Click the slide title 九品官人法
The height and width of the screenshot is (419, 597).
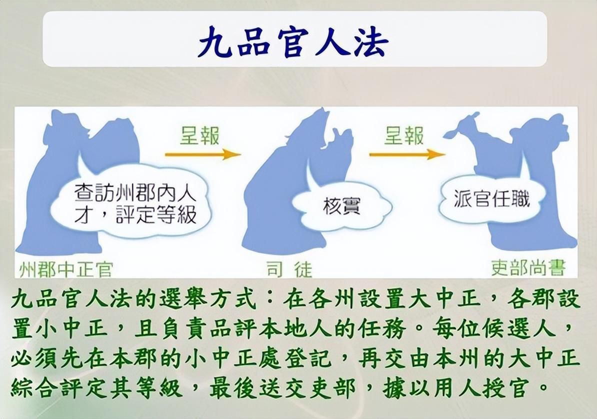(293, 41)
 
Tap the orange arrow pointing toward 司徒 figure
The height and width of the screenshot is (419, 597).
(203, 154)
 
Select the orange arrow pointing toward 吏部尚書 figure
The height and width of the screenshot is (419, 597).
(407, 154)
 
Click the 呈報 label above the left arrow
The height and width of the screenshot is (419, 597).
(200, 135)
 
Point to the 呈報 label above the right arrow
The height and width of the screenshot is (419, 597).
(404, 135)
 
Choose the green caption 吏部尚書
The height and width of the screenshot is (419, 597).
(528, 269)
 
